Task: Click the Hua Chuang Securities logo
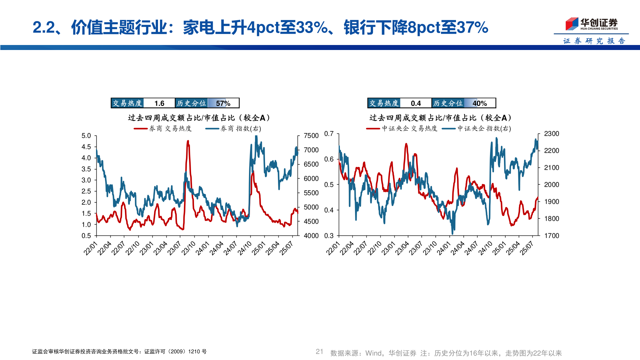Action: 591,24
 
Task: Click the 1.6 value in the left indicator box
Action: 159,103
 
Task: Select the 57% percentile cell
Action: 223,103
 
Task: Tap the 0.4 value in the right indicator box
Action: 416,103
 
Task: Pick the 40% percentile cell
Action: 480,103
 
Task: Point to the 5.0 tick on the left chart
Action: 86,136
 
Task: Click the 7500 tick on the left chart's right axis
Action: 311,136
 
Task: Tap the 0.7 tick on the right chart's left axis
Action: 329,134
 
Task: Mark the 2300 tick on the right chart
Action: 551,134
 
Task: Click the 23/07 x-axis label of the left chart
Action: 174,248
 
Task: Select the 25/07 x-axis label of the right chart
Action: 527,248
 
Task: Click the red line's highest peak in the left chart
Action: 188,141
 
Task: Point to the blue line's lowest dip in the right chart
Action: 452,233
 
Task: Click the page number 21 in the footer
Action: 319,352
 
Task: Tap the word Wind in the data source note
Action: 373,353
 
